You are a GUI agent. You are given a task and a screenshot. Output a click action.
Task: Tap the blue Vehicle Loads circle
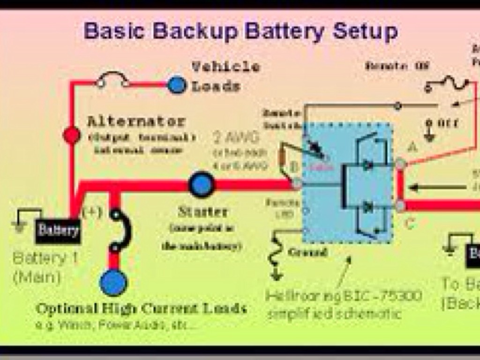click(x=177, y=85)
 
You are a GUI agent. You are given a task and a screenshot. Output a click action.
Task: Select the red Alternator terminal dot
click(x=72, y=135)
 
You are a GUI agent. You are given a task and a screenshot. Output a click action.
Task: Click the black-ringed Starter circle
click(x=202, y=185)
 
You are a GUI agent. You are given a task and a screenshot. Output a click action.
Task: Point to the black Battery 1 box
click(x=58, y=231)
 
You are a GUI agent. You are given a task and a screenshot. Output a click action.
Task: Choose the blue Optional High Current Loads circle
click(x=113, y=283)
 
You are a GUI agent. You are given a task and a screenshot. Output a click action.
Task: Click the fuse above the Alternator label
click(x=112, y=81)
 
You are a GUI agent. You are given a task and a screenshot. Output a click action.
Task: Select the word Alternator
click(x=136, y=121)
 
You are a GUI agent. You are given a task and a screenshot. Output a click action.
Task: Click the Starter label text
click(x=202, y=212)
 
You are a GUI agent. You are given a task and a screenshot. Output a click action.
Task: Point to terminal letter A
click(x=412, y=147)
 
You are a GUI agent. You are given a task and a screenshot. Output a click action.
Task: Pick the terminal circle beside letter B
click(x=297, y=184)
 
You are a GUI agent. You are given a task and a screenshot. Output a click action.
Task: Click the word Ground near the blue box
click(x=307, y=252)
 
